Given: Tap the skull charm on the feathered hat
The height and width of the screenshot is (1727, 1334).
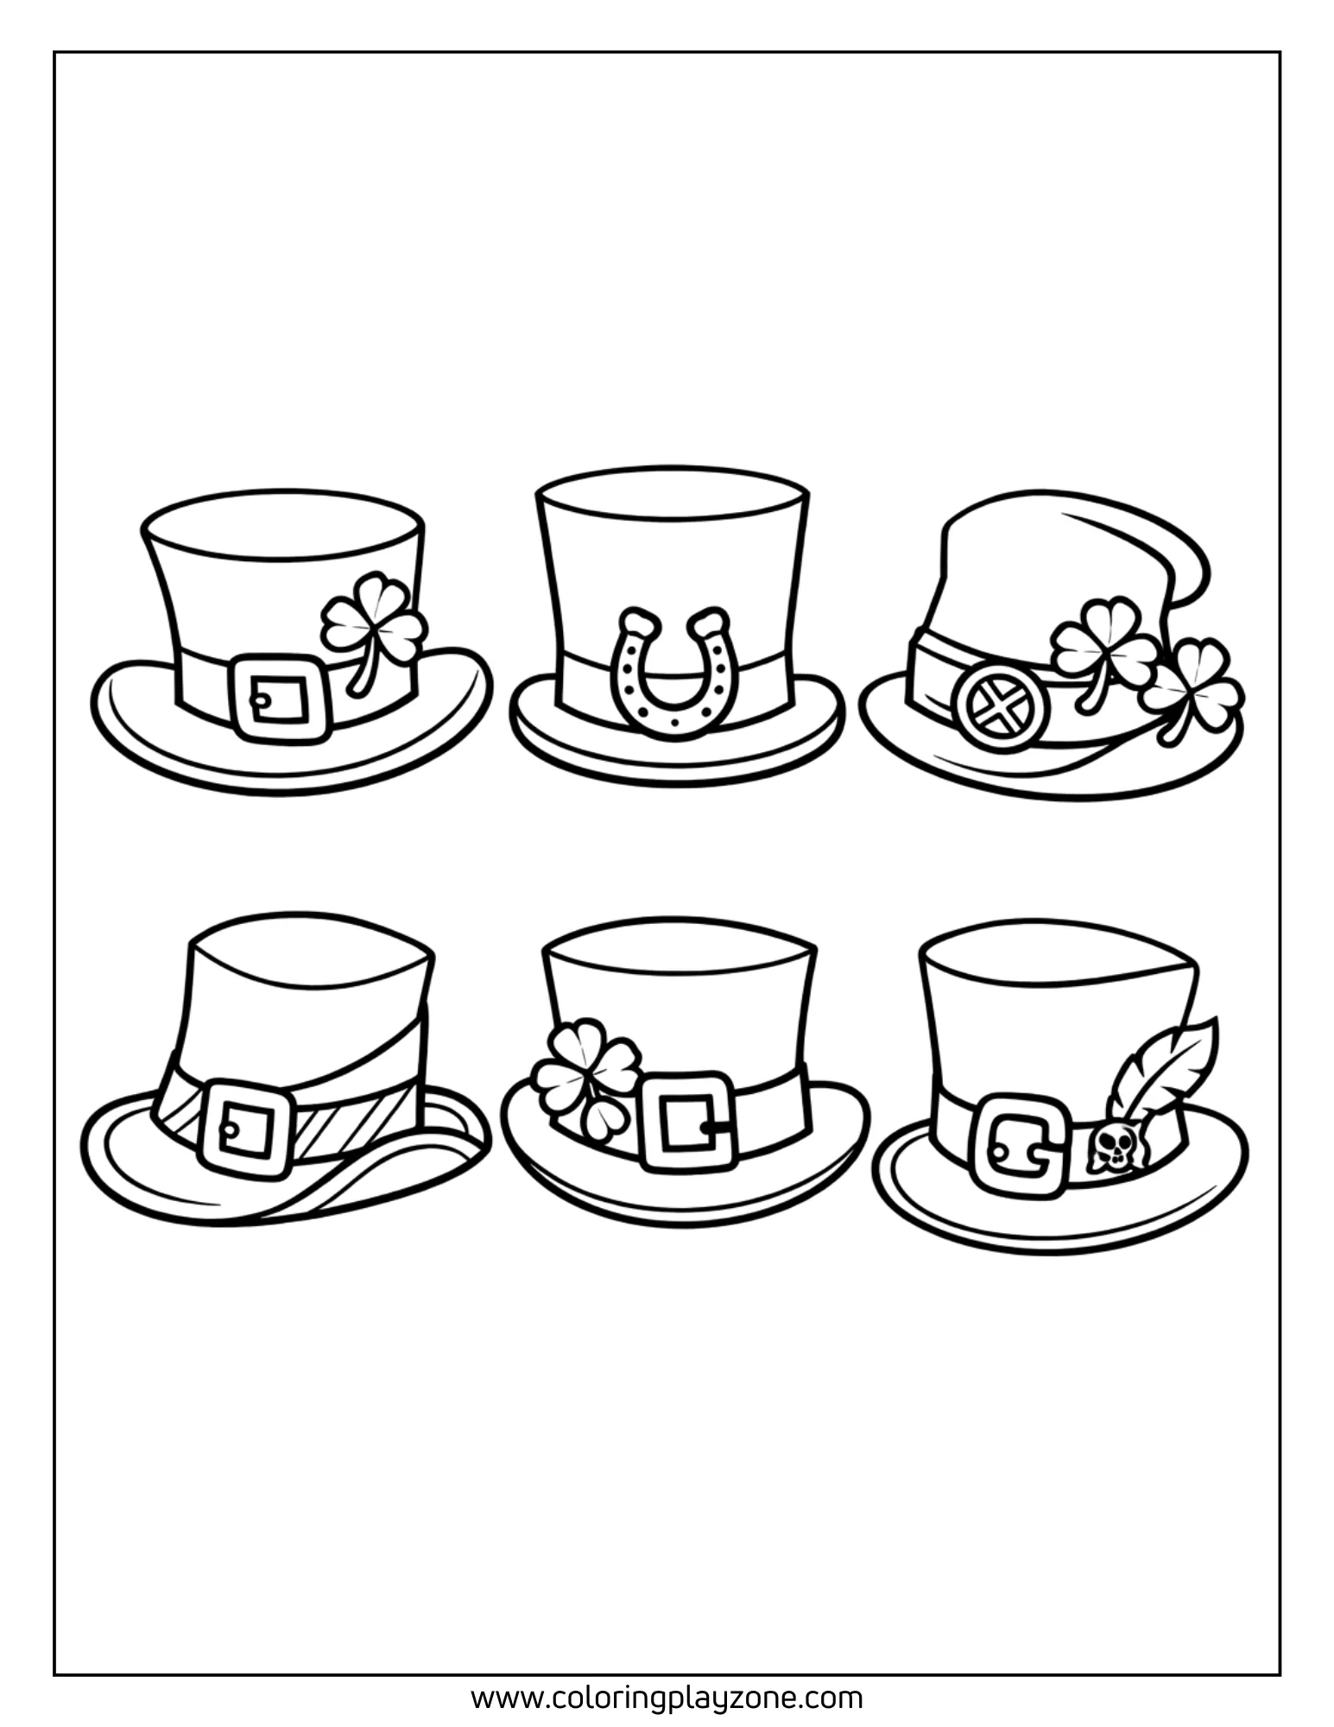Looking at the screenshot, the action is [x=1109, y=1148].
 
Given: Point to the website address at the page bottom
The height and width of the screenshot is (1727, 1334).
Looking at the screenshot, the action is [x=667, y=1698].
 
